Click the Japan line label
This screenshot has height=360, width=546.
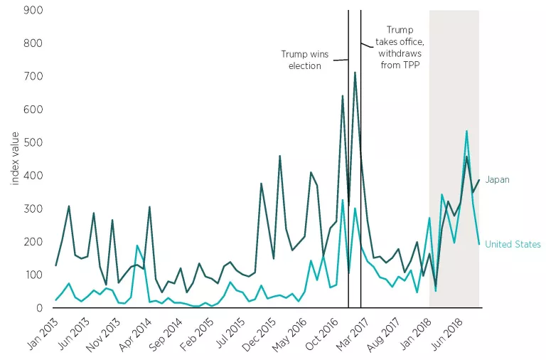tap(497, 180)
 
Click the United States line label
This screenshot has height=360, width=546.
tap(513, 245)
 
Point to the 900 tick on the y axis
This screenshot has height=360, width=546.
tap(33, 11)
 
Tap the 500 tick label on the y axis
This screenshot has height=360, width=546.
tap(33, 143)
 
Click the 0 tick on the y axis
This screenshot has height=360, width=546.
tap(38, 308)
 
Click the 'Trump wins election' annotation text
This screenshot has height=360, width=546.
tap(301, 60)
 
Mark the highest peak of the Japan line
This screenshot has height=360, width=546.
tap(355, 73)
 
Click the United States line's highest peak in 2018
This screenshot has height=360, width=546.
tap(466, 131)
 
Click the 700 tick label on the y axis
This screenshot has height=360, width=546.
tap(33, 77)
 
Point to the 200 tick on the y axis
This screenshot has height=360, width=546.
tap(33, 242)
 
